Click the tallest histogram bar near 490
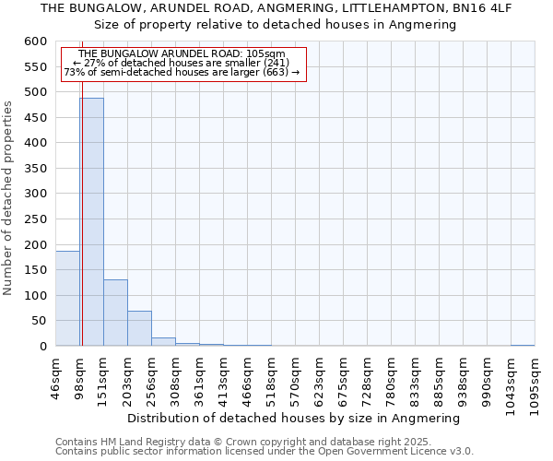click(x=91, y=221)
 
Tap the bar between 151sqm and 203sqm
click(x=115, y=313)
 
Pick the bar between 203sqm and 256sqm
click(x=139, y=328)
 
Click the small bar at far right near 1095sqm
click(x=523, y=345)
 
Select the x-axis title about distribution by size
click(x=293, y=418)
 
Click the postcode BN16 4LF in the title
click(x=479, y=7)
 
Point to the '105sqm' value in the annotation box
click(x=265, y=54)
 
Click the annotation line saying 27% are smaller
click(x=181, y=63)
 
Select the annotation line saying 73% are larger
click(x=181, y=72)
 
